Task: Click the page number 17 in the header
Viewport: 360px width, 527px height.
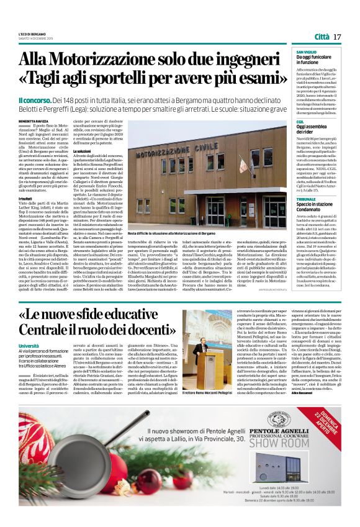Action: (338, 37)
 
